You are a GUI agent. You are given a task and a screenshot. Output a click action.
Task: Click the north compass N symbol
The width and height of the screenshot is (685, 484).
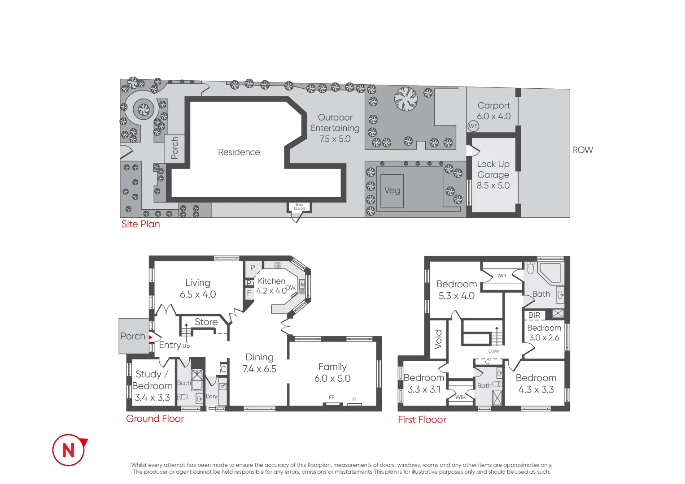tap(69, 449)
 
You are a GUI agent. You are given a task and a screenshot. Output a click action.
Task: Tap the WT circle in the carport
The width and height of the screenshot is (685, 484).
tap(473, 126)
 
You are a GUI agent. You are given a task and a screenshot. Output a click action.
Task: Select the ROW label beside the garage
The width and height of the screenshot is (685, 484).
tap(582, 150)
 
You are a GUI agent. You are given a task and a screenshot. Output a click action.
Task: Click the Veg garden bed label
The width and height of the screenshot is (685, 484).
tap(392, 190)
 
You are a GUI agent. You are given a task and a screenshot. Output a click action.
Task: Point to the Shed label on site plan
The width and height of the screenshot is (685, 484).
tap(299, 205)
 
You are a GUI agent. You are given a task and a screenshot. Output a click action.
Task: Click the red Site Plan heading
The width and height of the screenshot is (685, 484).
tap(140, 224)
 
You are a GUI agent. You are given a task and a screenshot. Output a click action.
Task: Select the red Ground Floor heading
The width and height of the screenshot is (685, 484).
tap(155, 419)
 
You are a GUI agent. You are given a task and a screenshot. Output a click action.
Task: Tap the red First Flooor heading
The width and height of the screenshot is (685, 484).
tap(422, 420)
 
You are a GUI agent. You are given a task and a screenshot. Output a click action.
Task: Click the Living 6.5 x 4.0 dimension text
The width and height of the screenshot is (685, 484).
tap(198, 294)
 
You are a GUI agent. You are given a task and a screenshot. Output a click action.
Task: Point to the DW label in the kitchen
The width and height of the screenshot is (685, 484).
tap(291, 288)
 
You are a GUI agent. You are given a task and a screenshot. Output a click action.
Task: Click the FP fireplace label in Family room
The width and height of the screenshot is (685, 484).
tap(332, 397)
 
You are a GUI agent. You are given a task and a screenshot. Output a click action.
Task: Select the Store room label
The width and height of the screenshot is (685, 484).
tap(206, 322)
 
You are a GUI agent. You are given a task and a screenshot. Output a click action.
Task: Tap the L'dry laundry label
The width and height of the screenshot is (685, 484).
tap(211, 396)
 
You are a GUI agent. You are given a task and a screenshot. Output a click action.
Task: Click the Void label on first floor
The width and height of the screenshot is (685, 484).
tap(438, 339)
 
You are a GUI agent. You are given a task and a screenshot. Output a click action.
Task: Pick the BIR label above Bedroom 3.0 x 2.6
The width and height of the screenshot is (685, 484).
tap(534, 315)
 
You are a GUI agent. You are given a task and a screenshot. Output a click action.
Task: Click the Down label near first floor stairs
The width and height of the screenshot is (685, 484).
tap(493, 351)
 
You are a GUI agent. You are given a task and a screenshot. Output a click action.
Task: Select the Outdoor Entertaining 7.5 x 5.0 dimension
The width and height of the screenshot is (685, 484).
tap(335, 139)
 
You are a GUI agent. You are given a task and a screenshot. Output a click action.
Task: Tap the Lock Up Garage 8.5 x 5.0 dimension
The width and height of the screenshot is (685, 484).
tap(493, 186)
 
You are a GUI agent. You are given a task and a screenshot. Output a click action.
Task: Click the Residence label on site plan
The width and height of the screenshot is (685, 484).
tap(239, 152)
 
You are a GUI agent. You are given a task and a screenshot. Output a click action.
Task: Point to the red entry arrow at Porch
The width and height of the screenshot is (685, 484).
tap(151, 337)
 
